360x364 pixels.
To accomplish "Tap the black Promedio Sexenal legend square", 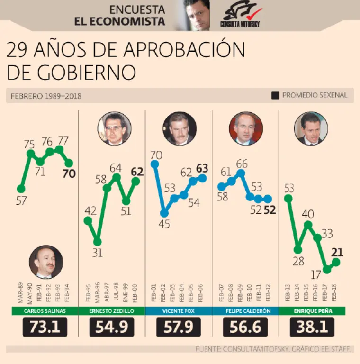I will coord(275,95).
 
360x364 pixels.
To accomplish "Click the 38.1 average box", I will coord(312,327).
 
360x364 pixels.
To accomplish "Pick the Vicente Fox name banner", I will coord(178,311).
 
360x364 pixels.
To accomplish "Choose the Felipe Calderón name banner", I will coord(245,311).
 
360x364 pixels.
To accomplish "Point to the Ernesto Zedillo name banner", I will coord(111,311).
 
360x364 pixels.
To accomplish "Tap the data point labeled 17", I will coord(327,269).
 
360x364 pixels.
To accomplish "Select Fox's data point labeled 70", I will coord(154,164).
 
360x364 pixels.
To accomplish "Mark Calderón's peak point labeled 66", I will coord(241,173).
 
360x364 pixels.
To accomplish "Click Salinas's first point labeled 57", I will coord(21,189).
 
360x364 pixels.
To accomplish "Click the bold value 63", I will coord(202,168).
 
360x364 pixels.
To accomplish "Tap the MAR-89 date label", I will coord(21,294).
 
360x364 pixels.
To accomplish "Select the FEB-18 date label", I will coord(335,294).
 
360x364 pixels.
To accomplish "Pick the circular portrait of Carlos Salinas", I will coord(46,262).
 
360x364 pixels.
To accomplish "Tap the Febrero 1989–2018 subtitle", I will coord(46,96).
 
